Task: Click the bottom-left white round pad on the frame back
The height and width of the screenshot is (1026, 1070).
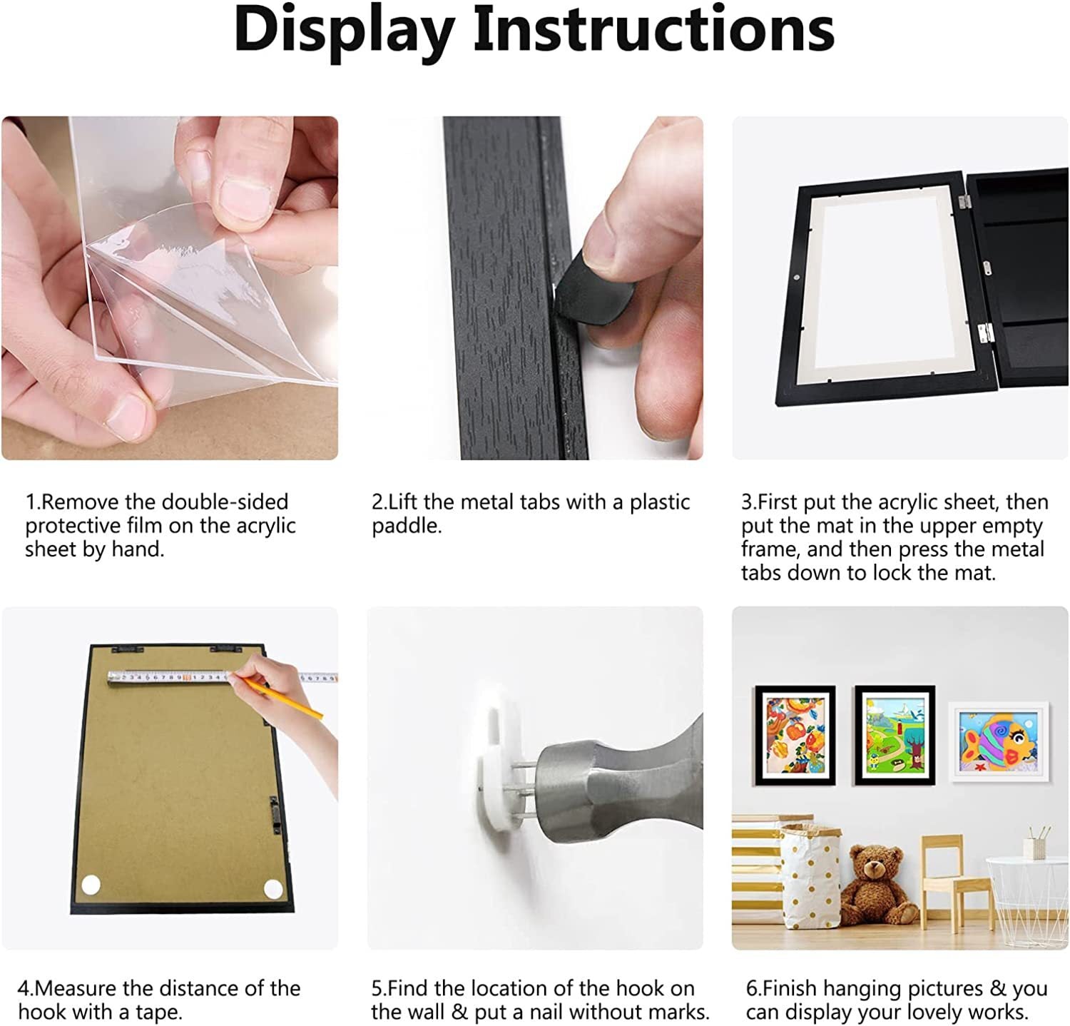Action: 91,885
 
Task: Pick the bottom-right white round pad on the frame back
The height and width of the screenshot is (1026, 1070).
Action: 273,889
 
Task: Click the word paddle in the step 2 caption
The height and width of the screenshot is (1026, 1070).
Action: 407,527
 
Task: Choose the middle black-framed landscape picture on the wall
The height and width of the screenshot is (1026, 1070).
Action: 895,736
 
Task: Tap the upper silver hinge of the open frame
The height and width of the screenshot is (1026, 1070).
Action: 965,202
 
